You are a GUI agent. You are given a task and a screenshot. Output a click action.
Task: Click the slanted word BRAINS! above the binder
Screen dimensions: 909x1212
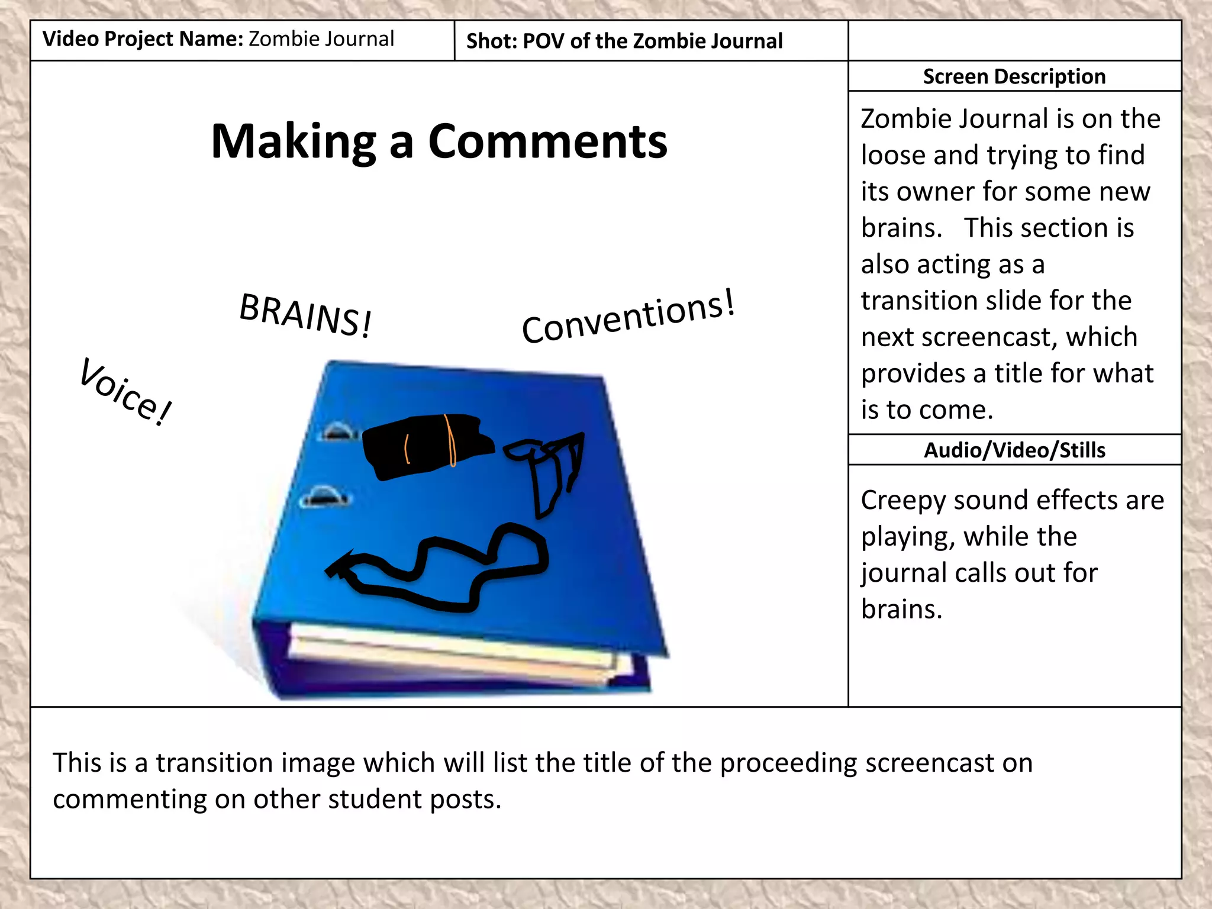coord(305,315)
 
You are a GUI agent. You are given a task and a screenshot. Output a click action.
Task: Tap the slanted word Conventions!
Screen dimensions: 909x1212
coord(628,317)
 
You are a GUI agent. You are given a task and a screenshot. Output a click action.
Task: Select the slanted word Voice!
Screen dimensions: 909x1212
coord(125,391)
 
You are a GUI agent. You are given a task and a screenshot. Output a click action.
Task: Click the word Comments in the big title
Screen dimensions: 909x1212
coord(547,141)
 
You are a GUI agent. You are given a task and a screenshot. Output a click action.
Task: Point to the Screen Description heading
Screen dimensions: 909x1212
coord(1014,76)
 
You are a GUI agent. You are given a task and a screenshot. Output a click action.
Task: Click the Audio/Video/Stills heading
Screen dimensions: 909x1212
coord(1014,450)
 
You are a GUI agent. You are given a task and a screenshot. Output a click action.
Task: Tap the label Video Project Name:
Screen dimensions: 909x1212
coord(143,39)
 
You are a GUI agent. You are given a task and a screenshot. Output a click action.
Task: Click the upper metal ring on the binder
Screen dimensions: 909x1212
coord(337,431)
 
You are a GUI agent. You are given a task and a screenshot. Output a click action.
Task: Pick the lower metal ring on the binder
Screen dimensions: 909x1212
coord(323,496)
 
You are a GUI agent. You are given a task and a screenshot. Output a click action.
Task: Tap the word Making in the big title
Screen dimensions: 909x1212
coord(293,141)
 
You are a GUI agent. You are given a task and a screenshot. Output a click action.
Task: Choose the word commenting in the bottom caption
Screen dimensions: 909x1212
coord(128,800)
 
